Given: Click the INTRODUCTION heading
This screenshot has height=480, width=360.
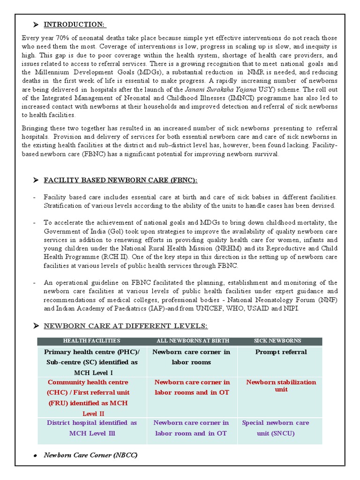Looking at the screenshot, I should pos(75,24).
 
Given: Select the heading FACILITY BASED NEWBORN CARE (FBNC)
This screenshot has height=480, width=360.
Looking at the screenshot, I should pos(120,180).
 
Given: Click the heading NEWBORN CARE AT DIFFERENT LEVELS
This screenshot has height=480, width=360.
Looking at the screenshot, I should pos(126,326).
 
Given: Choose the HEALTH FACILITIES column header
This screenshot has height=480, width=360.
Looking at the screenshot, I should pos(91,341).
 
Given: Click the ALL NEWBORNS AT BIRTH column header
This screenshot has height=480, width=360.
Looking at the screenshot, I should pos(192,341).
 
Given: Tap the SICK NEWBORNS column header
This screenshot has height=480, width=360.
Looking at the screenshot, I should pos(280,341).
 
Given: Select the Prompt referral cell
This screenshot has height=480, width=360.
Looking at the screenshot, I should pos(281,352).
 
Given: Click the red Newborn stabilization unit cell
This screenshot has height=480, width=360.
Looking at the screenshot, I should pos(281,385).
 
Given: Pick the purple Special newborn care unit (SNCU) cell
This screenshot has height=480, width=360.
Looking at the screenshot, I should pos(275,427).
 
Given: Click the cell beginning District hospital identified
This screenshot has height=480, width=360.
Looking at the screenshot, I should pos(92,427).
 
